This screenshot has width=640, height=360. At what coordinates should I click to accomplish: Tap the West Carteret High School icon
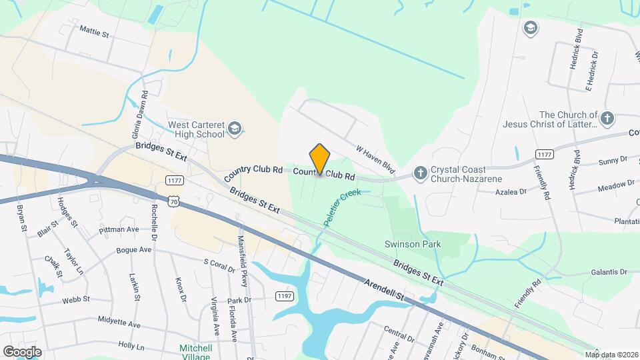(x=234, y=128)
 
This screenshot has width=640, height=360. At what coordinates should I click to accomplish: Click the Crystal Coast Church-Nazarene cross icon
(x=420, y=173)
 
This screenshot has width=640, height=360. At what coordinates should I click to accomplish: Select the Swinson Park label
(x=413, y=245)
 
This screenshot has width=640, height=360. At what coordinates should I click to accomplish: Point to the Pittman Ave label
(x=119, y=229)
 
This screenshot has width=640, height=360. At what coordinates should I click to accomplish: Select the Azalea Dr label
(x=511, y=191)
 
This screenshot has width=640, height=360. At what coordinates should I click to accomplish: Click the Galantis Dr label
(x=609, y=272)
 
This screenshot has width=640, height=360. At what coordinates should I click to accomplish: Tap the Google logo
(x=22, y=351)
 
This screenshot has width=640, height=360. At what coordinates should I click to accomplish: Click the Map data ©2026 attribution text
(x=611, y=355)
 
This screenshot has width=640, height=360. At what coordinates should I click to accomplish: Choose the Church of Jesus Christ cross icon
(x=606, y=119)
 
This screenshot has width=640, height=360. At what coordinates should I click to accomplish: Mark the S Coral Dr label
(x=219, y=267)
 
